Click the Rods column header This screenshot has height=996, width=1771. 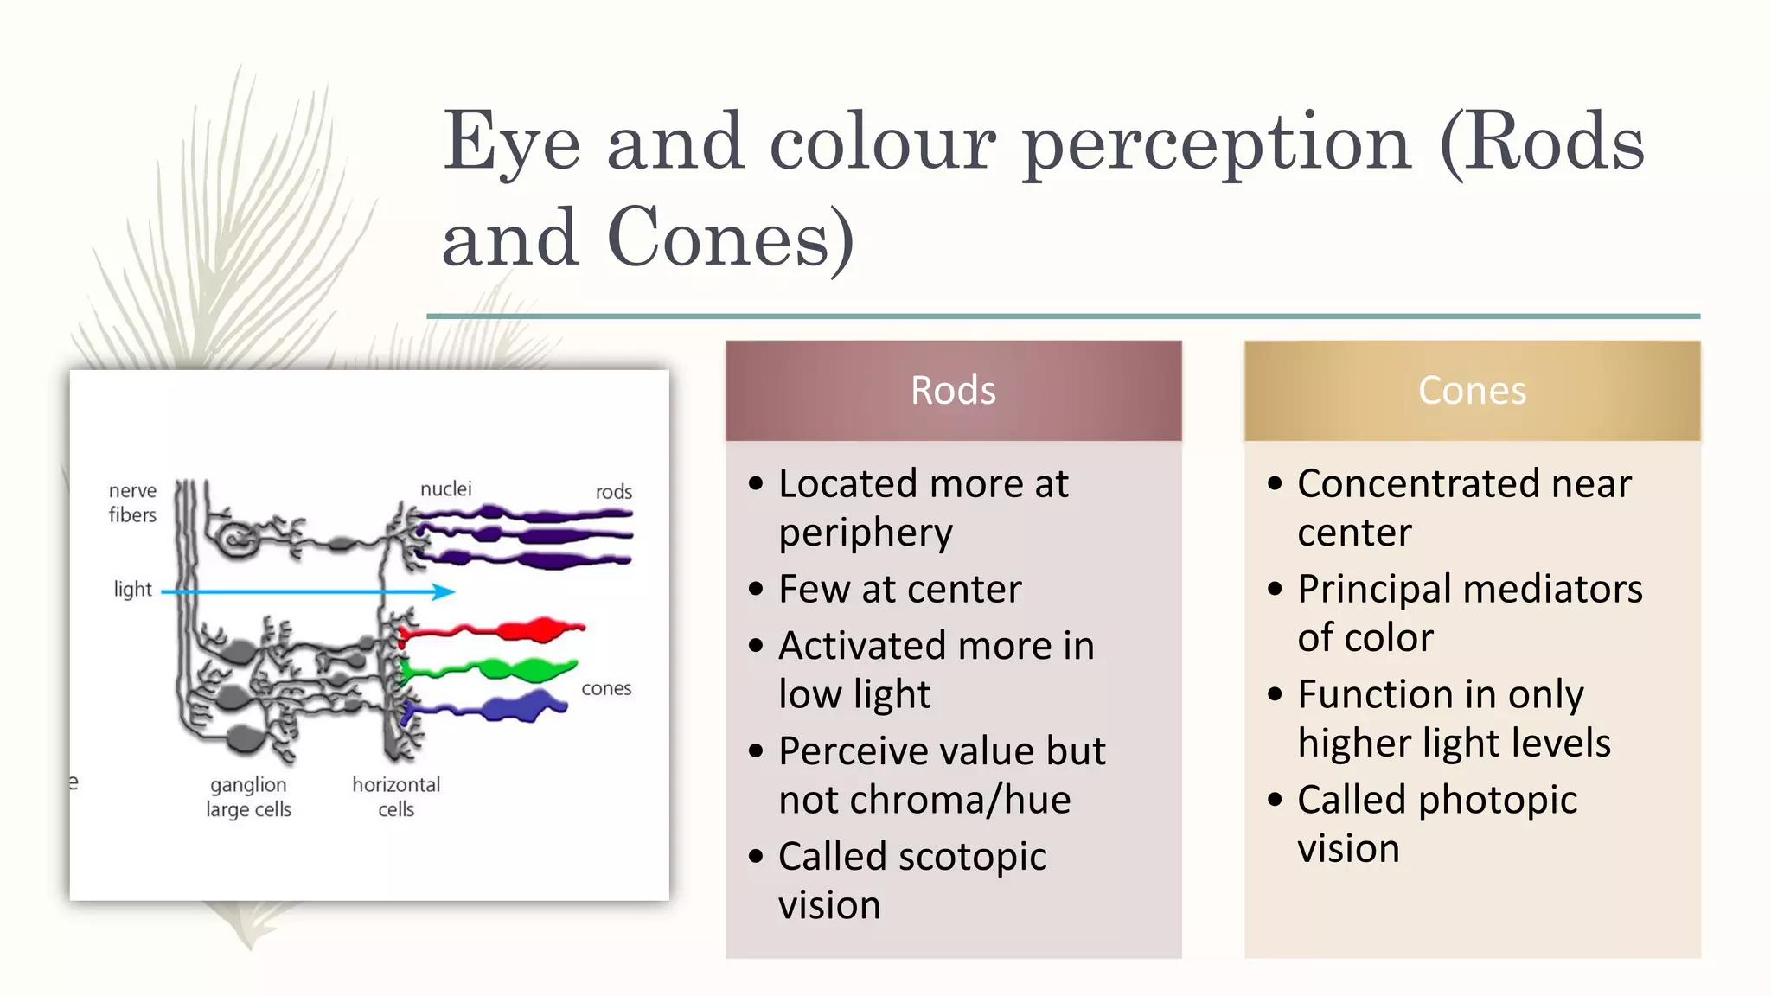[x=953, y=391]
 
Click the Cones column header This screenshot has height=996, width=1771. [x=1472, y=391]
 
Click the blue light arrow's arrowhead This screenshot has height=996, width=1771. [x=444, y=592]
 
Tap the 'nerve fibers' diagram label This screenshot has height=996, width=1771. [x=132, y=502]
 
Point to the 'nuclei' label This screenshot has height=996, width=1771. [x=445, y=489]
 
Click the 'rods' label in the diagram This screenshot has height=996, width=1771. [x=613, y=492]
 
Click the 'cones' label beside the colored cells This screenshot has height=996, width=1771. [x=605, y=689]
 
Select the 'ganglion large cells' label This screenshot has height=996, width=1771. [x=248, y=797]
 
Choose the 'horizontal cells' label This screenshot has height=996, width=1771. [x=396, y=797]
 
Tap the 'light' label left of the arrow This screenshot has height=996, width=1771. [x=132, y=590]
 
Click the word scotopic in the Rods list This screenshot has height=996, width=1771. [x=972, y=857]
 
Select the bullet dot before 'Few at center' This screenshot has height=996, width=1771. [x=757, y=590]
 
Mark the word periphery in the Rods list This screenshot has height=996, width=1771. [x=865, y=533]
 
